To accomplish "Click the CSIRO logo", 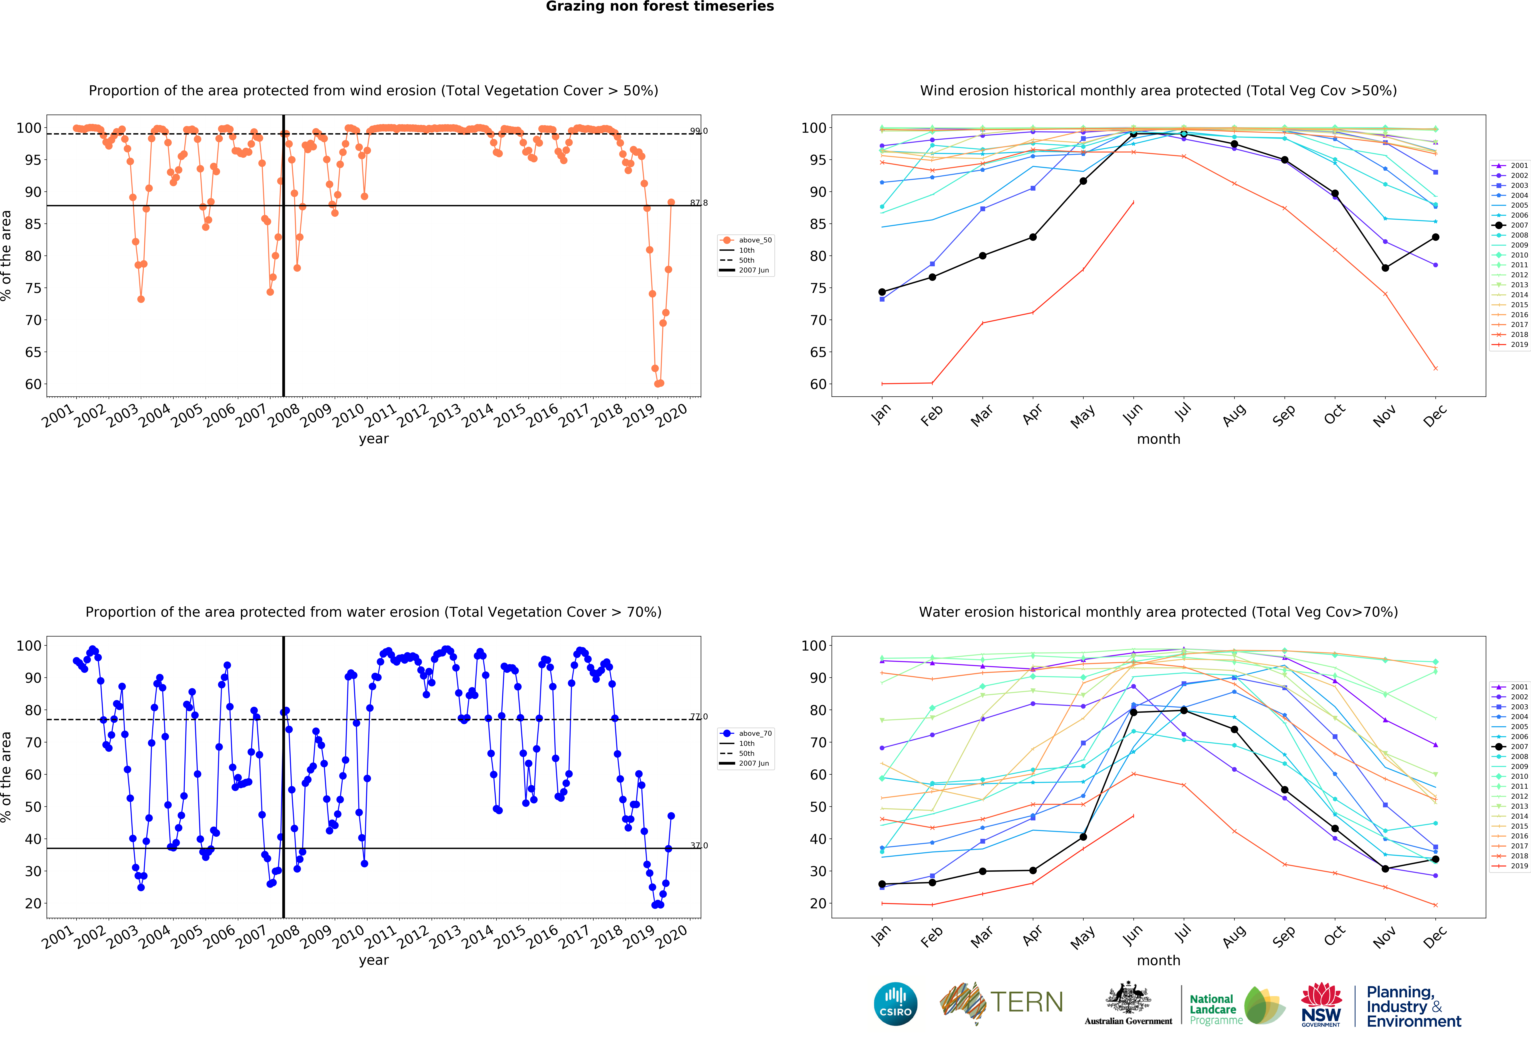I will click(895, 1004).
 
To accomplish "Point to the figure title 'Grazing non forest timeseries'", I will click(659, 7).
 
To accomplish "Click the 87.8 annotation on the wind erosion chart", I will click(698, 202).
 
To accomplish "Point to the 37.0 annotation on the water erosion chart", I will click(698, 845).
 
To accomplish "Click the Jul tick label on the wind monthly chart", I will click(1183, 412).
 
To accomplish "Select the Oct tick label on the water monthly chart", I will click(1334, 935).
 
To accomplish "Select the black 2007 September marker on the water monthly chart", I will click(1284, 790).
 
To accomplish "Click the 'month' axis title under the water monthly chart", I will click(1158, 960).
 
